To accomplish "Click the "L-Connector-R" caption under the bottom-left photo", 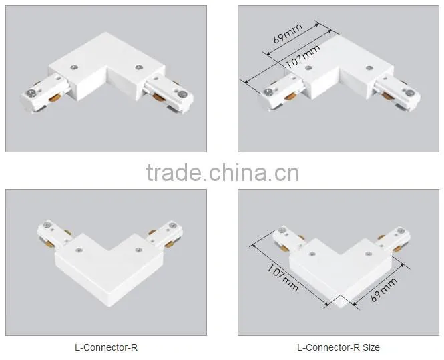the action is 106,347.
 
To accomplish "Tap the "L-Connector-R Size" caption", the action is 339,347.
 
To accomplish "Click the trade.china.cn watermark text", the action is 222,172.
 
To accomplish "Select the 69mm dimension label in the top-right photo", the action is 288,33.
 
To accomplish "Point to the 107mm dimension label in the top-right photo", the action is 302,57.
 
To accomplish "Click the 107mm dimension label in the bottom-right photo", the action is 282,278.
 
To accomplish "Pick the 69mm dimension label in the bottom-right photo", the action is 384,289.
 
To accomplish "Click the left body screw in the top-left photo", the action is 75,67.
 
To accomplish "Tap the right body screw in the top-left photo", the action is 138,67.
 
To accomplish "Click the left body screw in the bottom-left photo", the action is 79,250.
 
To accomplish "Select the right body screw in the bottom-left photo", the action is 138,250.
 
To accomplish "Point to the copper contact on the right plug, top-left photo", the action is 159,98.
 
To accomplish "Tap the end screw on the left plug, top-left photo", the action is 31,92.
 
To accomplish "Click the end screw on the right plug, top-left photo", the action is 183,93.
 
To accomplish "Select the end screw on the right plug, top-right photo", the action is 409,93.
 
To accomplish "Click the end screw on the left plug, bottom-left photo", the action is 47,226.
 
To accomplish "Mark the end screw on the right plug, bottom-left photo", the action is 172,226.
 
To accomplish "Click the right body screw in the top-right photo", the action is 369,68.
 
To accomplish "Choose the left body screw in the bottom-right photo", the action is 312,254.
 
